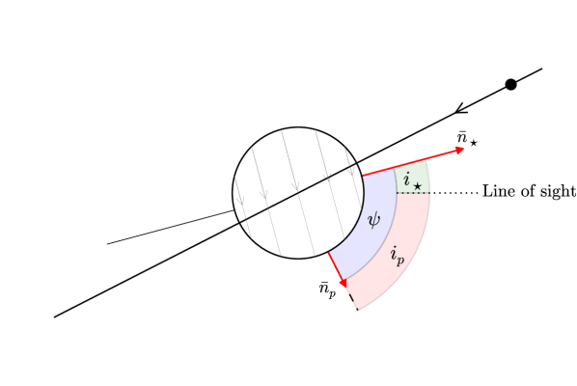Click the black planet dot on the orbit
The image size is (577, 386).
click(x=510, y=85)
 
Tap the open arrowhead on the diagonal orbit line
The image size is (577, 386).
click(x=460, y=108)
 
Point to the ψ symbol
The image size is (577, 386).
click(x=374, y=220)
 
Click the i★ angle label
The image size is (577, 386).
click(x=412, y=179)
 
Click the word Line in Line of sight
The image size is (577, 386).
click(x=498, y=192)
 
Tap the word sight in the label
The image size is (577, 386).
click(x=558, y=192)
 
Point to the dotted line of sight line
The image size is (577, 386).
click(x=453, y=193)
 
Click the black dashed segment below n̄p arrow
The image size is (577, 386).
click(x=353, y=301)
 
